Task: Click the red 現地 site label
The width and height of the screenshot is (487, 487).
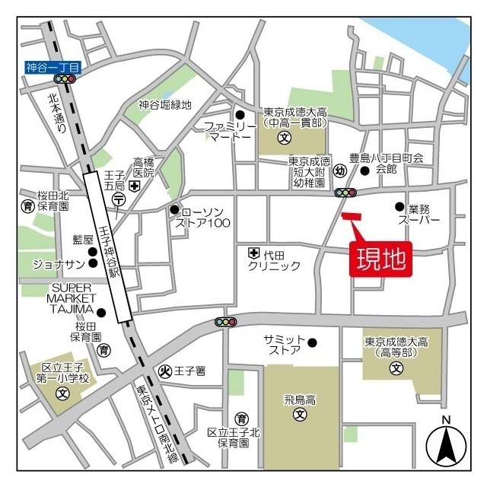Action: (x=381, y=259)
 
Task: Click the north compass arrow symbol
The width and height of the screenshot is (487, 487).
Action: (x=446, y=446)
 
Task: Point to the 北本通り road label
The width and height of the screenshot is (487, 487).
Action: (x=56, y=113)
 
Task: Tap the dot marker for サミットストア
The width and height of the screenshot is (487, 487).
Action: (x=312, y=342)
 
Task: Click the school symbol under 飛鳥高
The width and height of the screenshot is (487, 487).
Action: (x=301, y=415)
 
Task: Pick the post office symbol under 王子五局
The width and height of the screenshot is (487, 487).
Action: (x=119, y=199)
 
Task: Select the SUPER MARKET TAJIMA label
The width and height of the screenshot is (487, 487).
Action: (x=72, y=297)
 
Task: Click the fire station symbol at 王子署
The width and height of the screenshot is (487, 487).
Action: (x=164, y=371)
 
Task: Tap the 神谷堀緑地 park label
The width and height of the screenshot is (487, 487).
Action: (x=165, y=105)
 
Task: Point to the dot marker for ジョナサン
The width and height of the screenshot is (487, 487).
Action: (x=94, y=264)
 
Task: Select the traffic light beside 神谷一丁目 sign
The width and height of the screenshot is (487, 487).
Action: (x=65, y=78)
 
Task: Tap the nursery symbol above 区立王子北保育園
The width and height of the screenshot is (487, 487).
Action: (x=241, y=418)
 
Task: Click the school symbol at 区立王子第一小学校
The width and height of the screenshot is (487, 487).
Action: (x=63, y=394)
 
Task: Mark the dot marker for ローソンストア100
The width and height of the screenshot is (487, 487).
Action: (x=174, y=210)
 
